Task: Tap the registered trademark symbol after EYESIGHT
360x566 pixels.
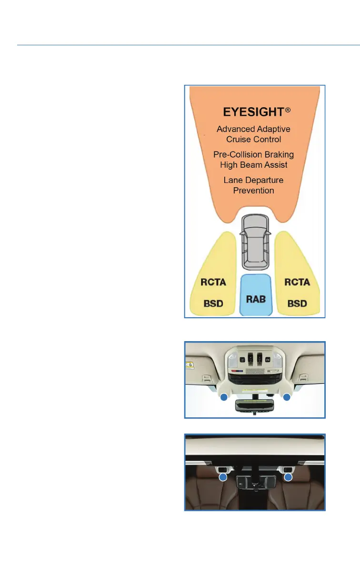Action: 287,110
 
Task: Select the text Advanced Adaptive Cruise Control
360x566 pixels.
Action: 253,134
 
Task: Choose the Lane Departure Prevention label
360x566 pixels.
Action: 253,185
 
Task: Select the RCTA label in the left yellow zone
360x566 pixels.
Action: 213,283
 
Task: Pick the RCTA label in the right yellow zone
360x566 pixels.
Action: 297,283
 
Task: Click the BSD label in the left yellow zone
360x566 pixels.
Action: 213,303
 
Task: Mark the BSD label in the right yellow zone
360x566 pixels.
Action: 297,303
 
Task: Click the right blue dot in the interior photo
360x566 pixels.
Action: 287,397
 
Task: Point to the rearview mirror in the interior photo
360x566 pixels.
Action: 255,406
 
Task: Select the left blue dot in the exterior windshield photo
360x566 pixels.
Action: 222,476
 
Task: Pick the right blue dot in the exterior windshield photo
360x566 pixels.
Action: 288,476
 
